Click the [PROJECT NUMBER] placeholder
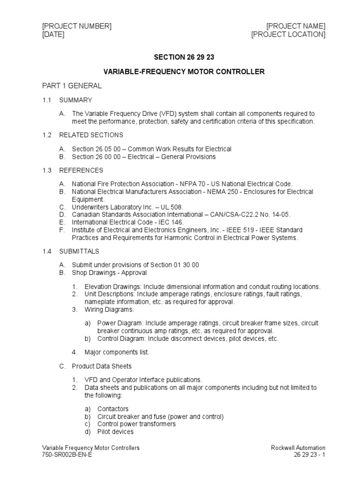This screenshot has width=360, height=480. (x=77, y=26)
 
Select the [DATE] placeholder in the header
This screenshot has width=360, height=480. (x=53, y=35)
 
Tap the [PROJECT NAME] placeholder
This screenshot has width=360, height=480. (x=296, y=26)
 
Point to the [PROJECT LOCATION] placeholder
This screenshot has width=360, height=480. (x=288, y=35)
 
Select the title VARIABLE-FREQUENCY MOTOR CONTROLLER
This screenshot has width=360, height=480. (x=184, y=72)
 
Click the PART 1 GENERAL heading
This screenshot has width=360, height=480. (x=72, y=86)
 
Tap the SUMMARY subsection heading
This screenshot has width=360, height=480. (x=75, y=100)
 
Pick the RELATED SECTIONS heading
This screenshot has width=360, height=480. (x=91, y=135)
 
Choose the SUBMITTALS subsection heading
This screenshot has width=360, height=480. (x=79, y=252)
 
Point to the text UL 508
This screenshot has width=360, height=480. (x=170, y=207)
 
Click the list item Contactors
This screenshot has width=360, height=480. (x=112, y=409)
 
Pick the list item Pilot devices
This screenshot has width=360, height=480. (x=115, y=431)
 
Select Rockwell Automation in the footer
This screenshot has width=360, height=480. (x=298, y=448)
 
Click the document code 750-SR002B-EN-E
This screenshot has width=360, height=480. (x=67, y=455)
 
